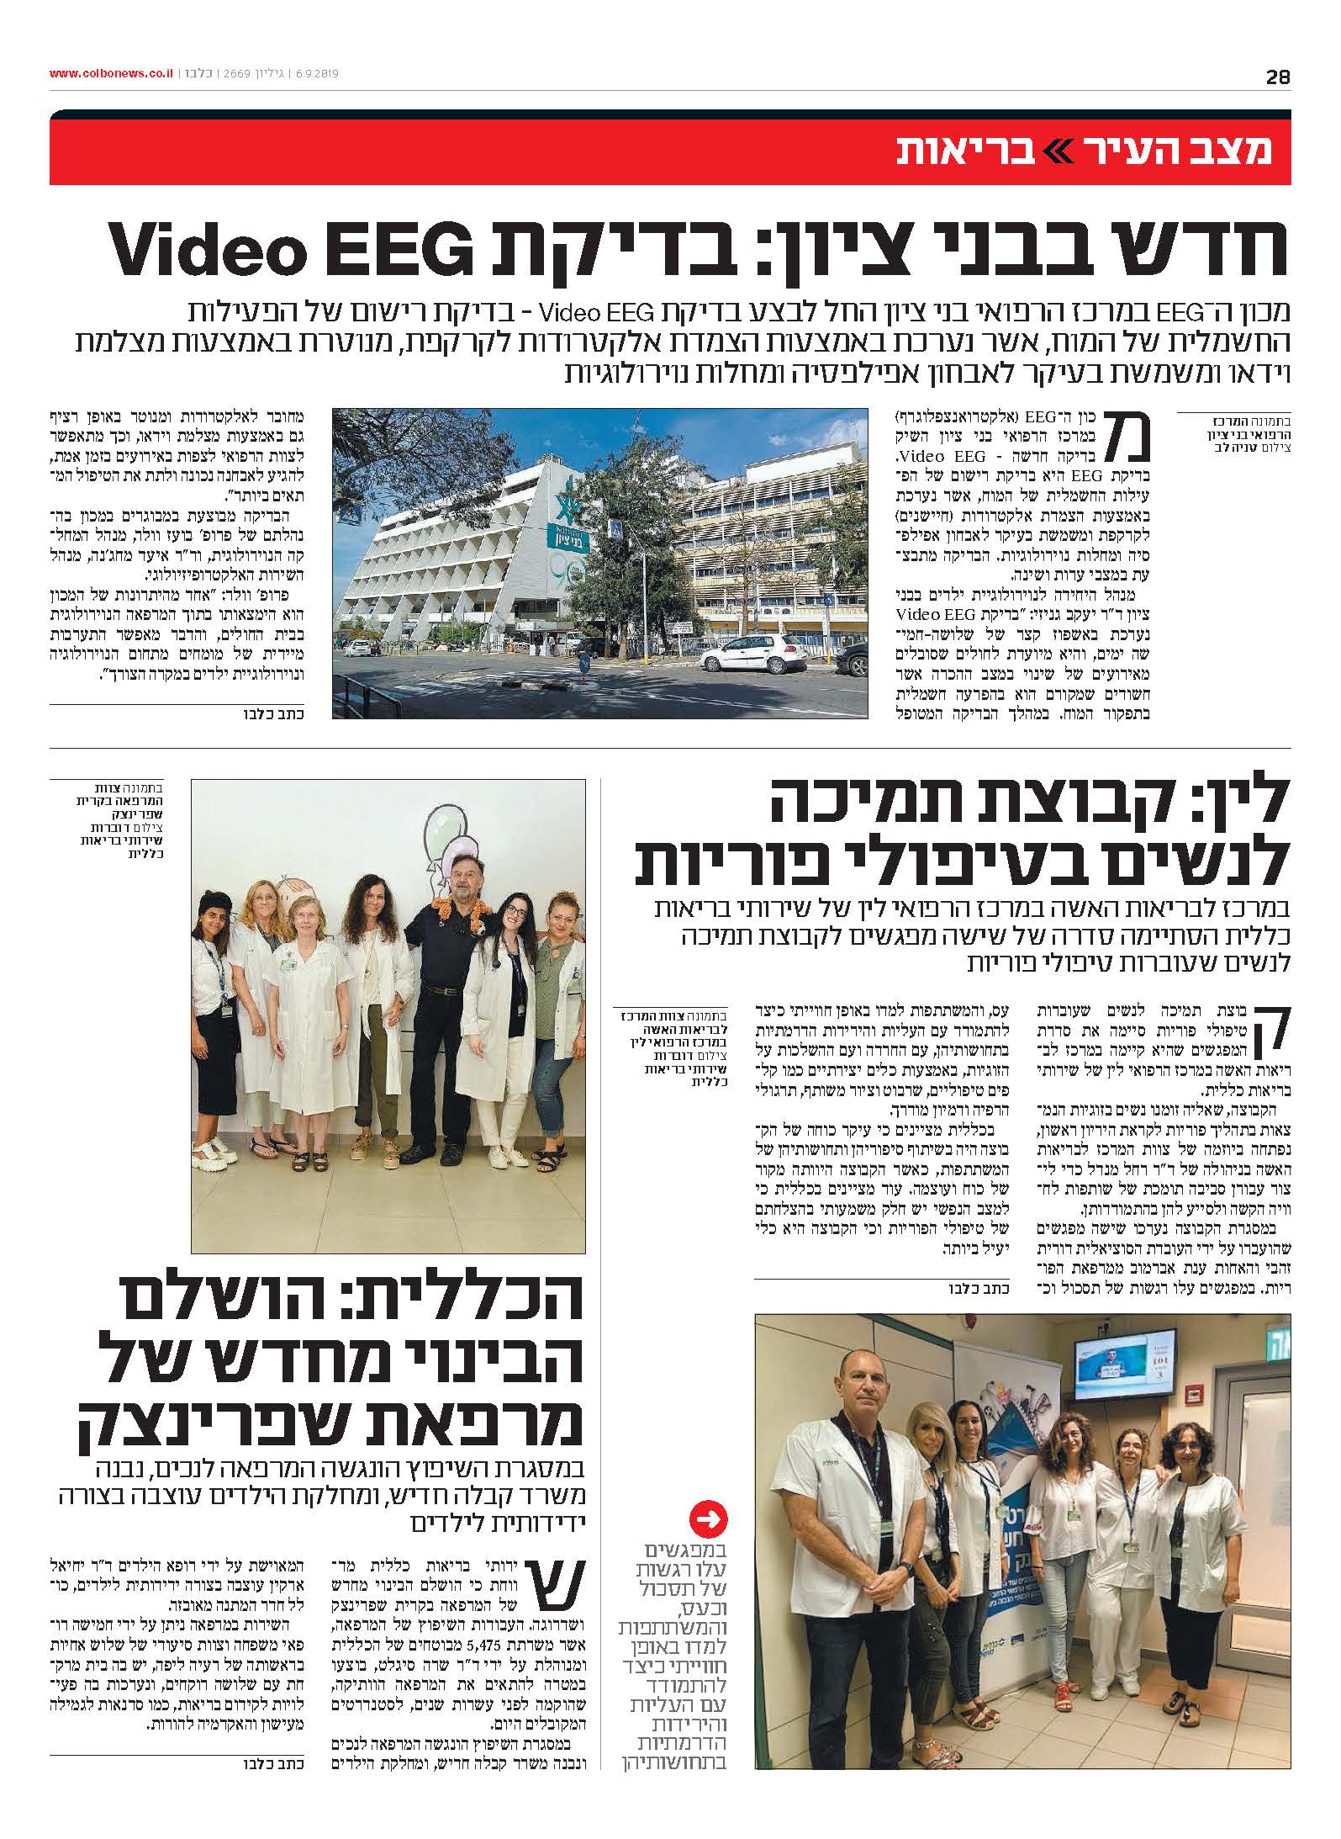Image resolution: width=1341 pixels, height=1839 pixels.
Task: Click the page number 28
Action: click(1277, 77)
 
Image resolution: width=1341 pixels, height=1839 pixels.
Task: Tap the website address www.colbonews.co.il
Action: click(111, 74)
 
